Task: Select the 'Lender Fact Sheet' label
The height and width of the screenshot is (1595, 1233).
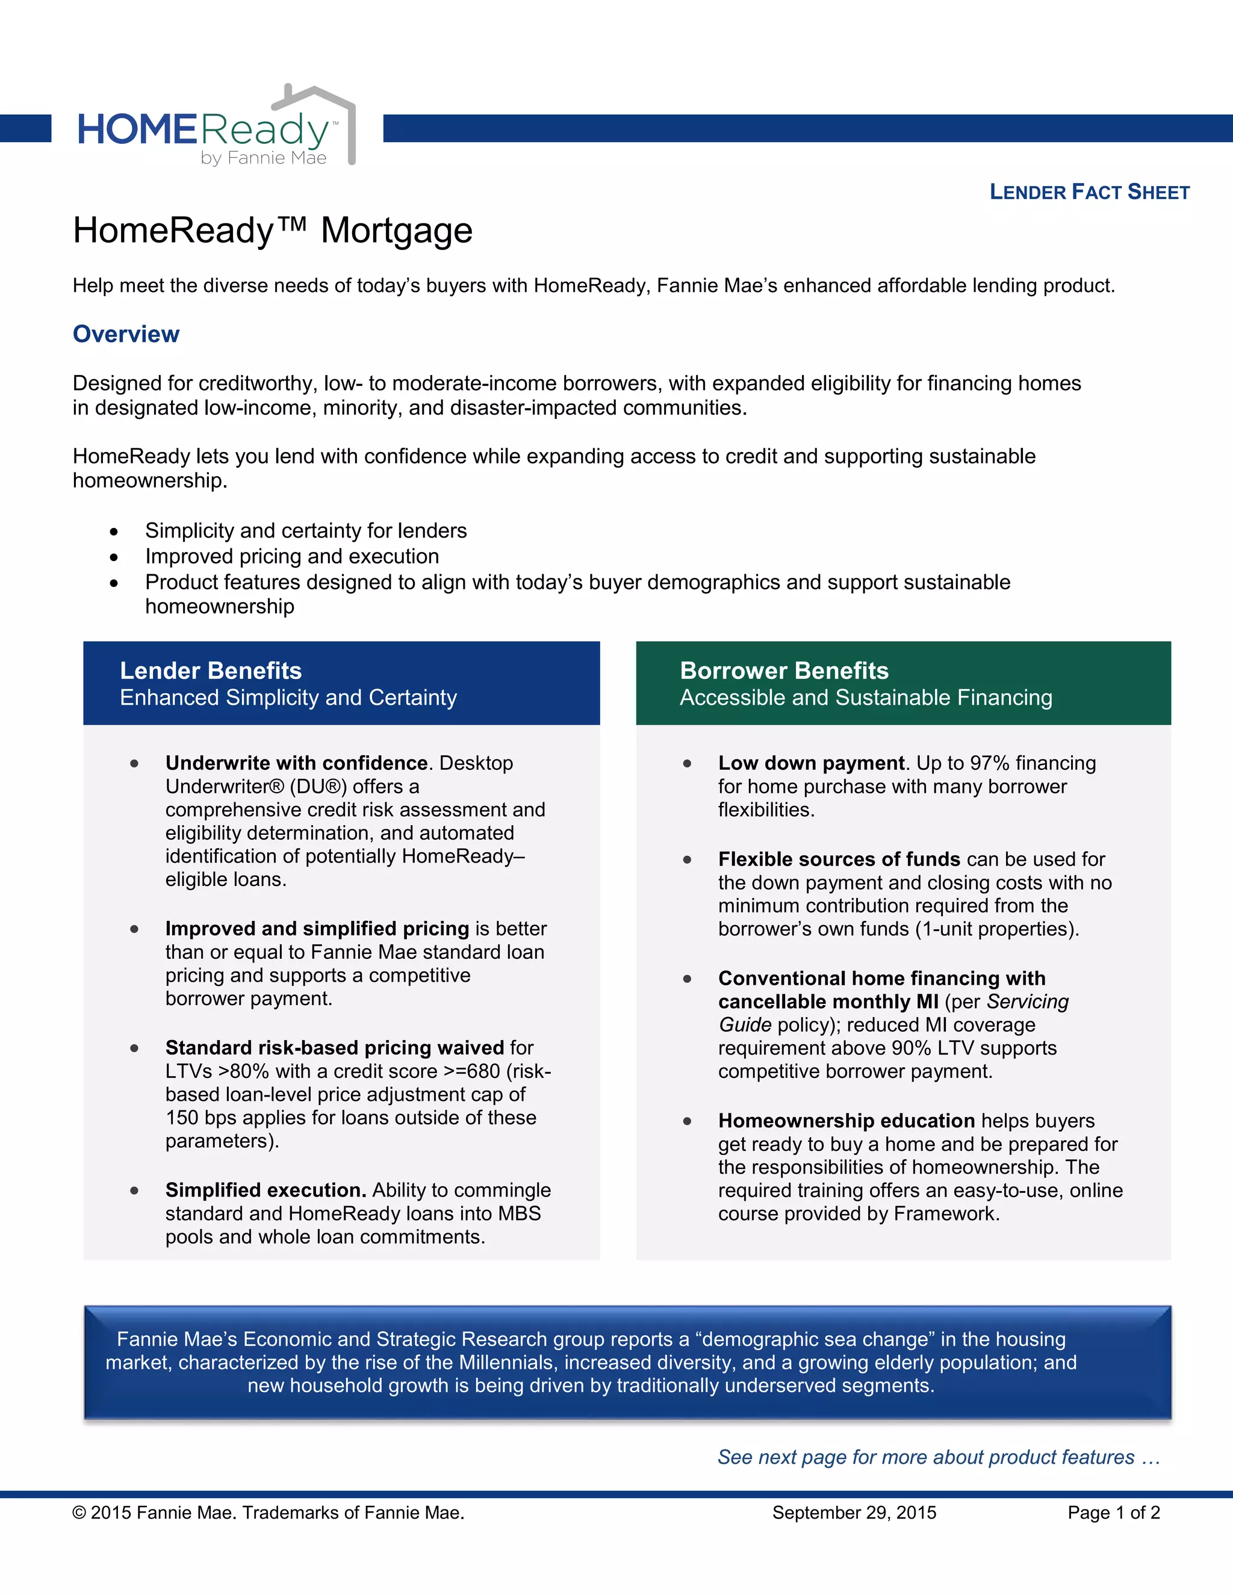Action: pyautogui.click(x=1089, y=192)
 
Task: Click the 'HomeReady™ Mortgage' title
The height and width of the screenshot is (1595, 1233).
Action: pyautogui.click(x=273, y=231)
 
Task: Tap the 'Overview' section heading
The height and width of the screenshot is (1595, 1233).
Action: pyautogui.click(x=126, y=334)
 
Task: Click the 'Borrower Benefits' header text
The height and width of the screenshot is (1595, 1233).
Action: pyautogui.click(x=784, y=671)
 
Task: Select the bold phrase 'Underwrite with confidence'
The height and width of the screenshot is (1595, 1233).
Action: pyautogui.click(x=296, y=763)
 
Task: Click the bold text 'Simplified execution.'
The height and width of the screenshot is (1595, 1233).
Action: pyautogui.click(x=265, y=1190)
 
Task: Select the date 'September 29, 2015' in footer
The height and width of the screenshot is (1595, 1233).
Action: pyautogui.click(x=854, y=1513)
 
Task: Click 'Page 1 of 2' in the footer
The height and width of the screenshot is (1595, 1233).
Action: pyautogui.click(x=1113, y=1513)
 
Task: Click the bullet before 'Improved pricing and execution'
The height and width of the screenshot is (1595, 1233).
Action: pyautogui.click(x=114, y=557)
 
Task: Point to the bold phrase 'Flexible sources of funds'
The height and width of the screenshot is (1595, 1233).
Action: pyautogui.click(x=839, y=859)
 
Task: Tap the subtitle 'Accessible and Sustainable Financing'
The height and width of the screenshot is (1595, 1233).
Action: pyautogui.click(x=866, y=698)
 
